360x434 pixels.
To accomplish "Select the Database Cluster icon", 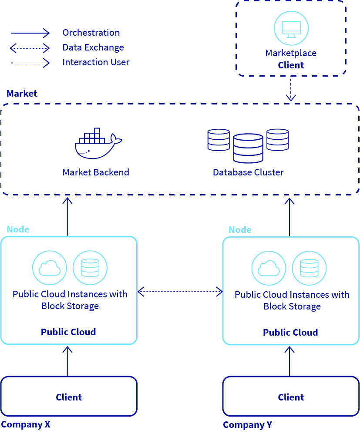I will pos(248,145).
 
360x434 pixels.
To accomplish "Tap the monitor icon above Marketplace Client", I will pos(291,28).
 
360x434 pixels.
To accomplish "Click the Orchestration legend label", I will pos(91,33).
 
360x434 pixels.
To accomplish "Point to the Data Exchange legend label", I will pos(93,47).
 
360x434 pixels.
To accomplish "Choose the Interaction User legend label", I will pos(96,62).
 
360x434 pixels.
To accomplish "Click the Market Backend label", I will pos(96,172).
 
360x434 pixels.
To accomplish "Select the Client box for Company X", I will pos(69,396).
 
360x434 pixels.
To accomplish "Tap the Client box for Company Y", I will pos(291,396).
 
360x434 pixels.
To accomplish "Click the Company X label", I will pos(26,424).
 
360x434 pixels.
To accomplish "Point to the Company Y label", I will pos(248,425).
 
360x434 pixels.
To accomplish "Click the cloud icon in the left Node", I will pos(50,267).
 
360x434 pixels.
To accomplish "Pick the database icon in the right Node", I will pos(309,268).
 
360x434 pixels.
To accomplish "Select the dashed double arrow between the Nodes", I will pos(180,292).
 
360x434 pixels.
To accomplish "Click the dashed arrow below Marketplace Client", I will pos(291,89).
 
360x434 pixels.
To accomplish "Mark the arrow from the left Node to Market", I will pos(67,216).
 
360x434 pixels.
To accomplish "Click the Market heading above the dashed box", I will pos(22,94).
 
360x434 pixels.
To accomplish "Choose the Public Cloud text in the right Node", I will pos(290,333).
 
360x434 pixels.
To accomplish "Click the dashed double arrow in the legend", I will pos(30,47).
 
